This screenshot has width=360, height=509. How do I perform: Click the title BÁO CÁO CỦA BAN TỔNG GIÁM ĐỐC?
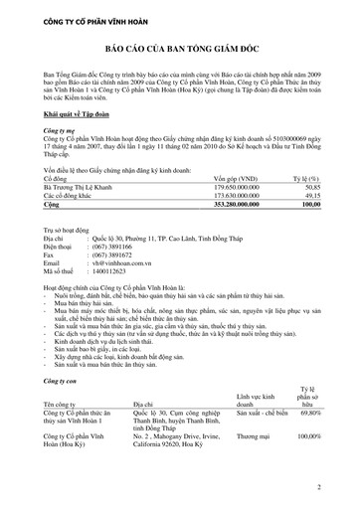(x=180, y=61)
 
